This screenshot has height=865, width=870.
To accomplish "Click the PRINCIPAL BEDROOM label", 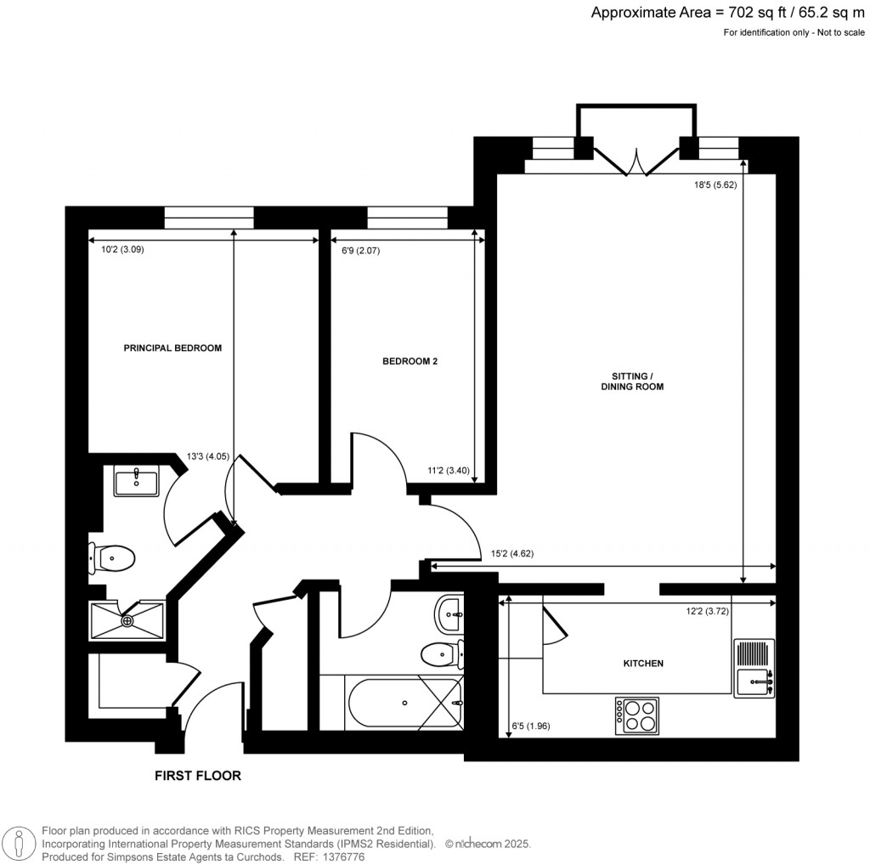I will (172, 348).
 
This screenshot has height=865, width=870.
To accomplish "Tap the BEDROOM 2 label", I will (410, 361).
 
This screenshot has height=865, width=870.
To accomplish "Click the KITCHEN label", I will (642, 663).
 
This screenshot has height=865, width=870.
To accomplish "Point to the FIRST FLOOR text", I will (197, 776).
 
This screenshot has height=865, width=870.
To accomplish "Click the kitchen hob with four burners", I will (636, 715).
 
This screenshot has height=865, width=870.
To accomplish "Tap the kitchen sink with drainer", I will (754, 668).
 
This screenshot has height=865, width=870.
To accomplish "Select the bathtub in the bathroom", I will (404, 703).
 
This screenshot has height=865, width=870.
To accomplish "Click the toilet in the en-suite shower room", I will (112, 558).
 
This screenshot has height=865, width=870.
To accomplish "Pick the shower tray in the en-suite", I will (127, 621).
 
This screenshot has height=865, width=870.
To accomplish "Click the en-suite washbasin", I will (135, 481).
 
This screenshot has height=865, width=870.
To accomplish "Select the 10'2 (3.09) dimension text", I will (117, 250).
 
